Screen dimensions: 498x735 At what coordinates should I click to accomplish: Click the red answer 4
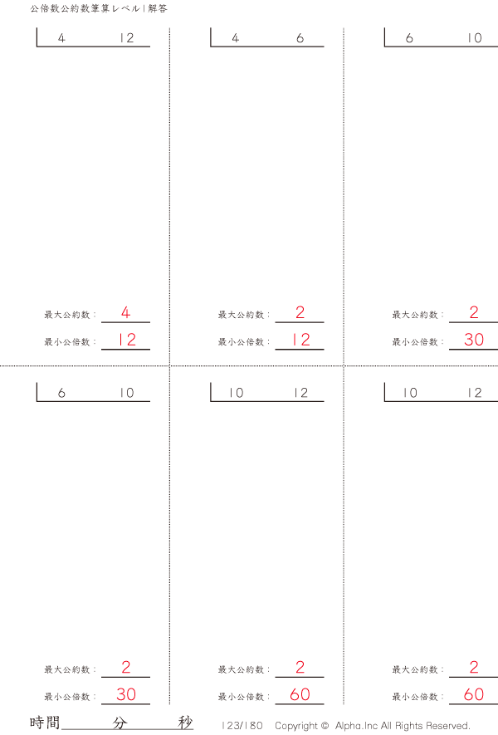coord(125,312)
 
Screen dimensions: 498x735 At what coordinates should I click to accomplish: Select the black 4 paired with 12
coord(61,38)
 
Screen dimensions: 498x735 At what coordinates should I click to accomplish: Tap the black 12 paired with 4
coord(126,38)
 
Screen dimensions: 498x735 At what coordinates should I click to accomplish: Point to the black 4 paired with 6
coord(235,38)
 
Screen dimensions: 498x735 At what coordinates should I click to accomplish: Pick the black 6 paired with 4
coord(300,38)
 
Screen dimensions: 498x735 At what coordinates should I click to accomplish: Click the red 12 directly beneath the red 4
coord(126,340)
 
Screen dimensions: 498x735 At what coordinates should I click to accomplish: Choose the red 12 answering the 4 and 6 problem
coord(300,340)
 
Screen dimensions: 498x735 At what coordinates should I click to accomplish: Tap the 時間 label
coord(45,723)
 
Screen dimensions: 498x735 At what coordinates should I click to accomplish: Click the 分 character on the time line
coord(120,723)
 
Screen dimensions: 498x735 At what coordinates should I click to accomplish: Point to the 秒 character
coord(186,723)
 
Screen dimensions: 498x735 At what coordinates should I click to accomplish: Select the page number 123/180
coord(242,726)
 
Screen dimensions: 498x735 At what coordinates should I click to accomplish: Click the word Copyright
coord(296,726)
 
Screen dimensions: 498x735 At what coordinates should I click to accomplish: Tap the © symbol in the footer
coord(325,726)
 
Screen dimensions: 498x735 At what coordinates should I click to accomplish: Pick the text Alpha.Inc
coord(357,726)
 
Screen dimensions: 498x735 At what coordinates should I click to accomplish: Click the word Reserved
coord(448,726)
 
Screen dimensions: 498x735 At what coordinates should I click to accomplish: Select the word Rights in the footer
coord(409,726)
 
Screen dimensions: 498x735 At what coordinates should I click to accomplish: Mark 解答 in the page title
coord(158,8)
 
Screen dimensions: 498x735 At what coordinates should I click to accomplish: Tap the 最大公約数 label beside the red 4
coord(67,315)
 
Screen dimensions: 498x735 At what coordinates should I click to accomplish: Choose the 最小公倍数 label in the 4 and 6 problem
coord(242,342)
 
